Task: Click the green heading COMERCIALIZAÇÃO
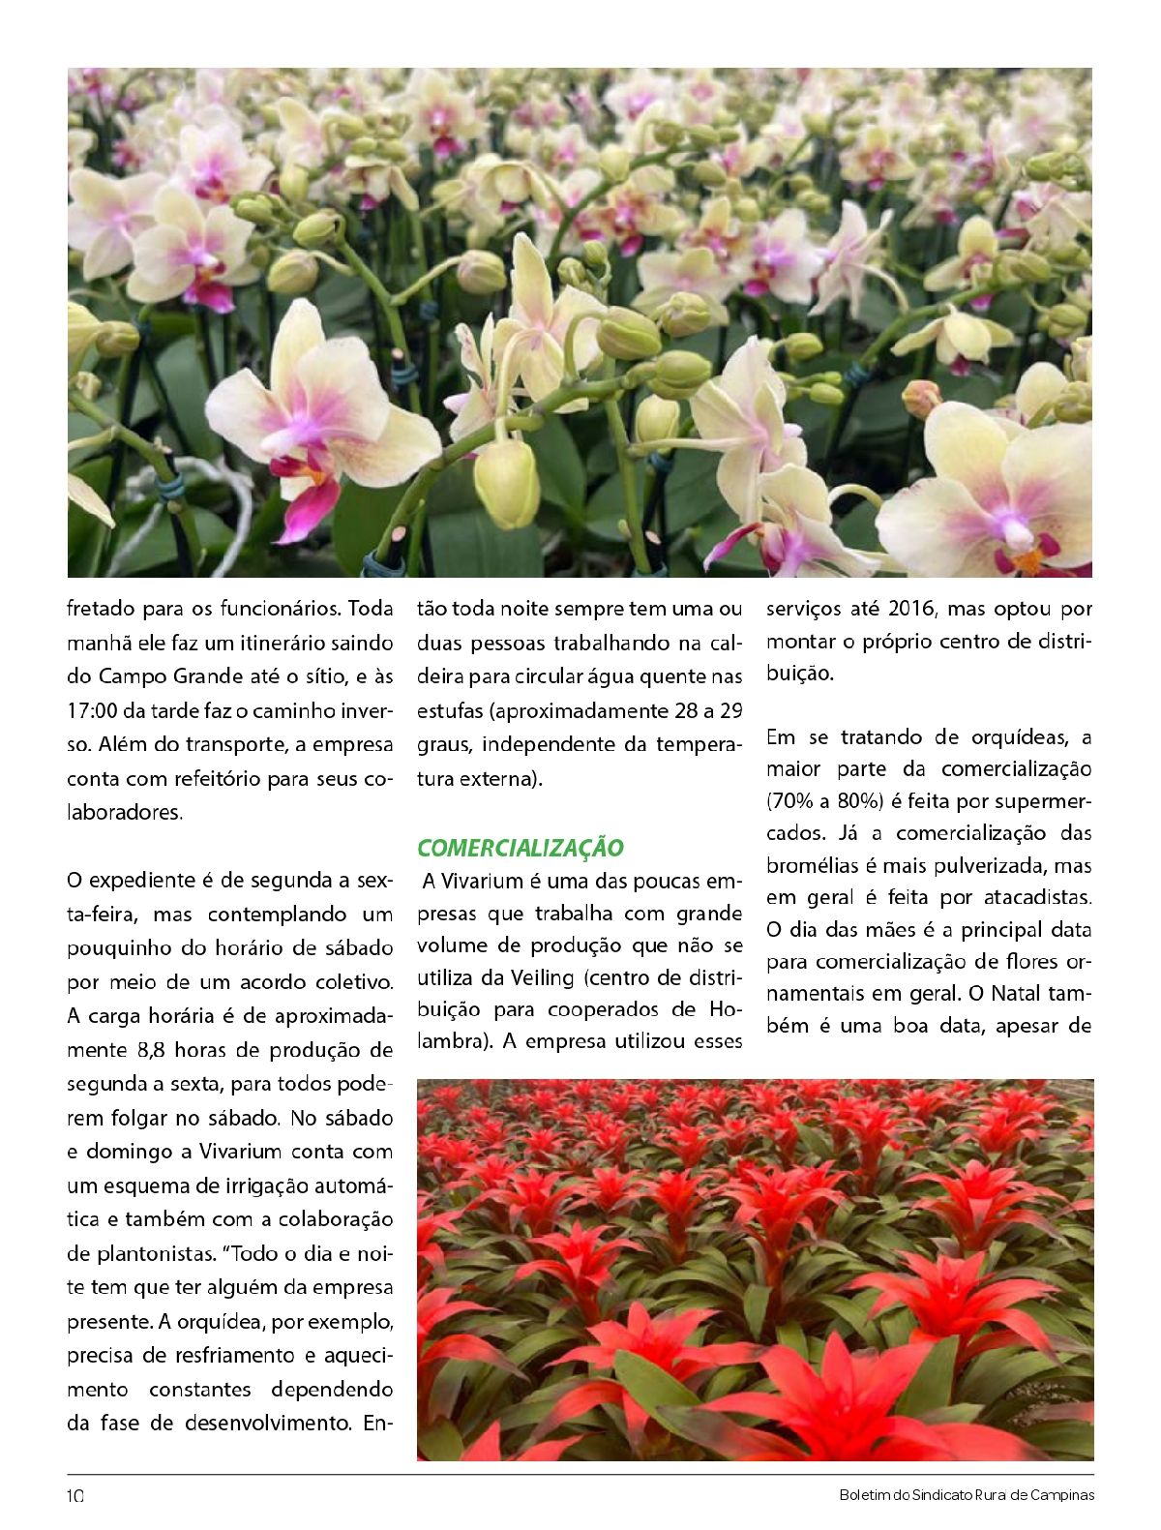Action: point(521,848)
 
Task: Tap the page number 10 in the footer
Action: point(75,1495)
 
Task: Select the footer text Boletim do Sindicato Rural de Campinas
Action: point(967,1495)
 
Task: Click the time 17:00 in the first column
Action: point(93,710)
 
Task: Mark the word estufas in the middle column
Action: point(449,710)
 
